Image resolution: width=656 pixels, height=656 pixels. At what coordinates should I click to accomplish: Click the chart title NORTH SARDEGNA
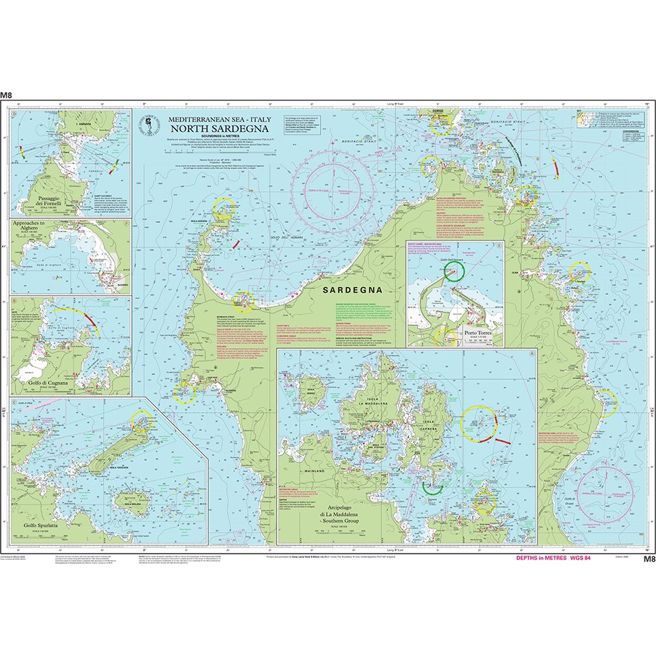click(x=210, y=129)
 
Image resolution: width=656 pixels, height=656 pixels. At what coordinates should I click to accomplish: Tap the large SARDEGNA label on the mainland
click(x=352, y=290)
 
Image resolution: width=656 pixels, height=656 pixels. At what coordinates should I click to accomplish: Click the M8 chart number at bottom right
click(x=649, y=559)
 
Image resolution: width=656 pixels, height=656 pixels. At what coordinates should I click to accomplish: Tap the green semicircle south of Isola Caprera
click(x=431, y=486)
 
